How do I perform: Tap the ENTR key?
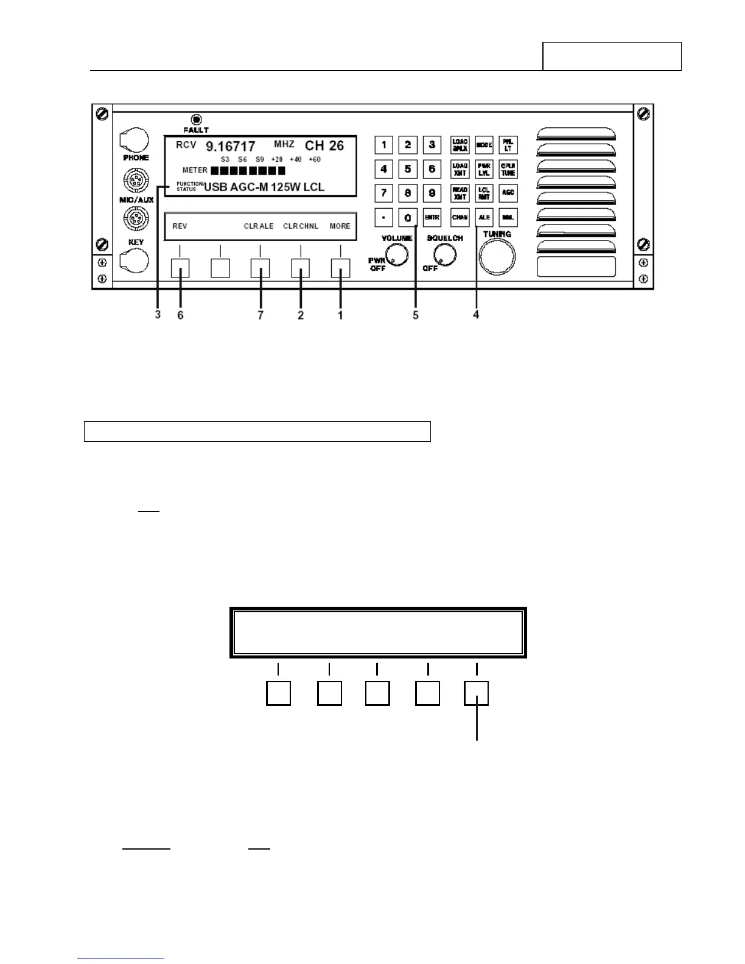coord(432,217)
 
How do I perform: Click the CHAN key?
coord(460,217)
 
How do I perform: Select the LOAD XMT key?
coord(460,169)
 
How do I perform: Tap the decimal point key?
coord(383,217)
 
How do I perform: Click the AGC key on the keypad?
coord(508,193)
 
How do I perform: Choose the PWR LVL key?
coord(484,169)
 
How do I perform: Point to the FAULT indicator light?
coord(196,119)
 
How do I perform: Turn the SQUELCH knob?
coord(445,256)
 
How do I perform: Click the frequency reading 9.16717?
coord(230,146)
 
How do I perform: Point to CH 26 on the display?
coord(324,145)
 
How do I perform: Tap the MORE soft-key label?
coord(340,226)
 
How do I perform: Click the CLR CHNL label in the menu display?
coord(301,226)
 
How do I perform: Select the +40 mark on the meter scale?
coord(295,159)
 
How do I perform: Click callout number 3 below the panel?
coord(158,315)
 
